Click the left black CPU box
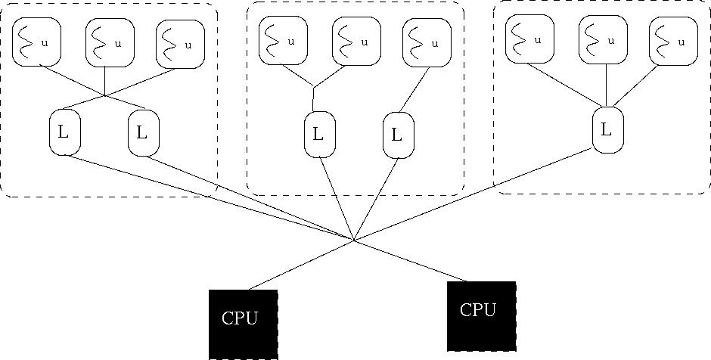(243, 324)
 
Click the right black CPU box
(481, 316)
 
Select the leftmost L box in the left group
(63, 132)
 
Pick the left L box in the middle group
(318, 135)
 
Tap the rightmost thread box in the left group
(179, 44)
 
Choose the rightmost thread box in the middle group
(426, 42)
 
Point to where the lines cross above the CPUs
(354, 241)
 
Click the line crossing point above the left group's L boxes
(104, 95)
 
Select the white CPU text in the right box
(477, 309)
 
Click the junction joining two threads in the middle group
(313, 87)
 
